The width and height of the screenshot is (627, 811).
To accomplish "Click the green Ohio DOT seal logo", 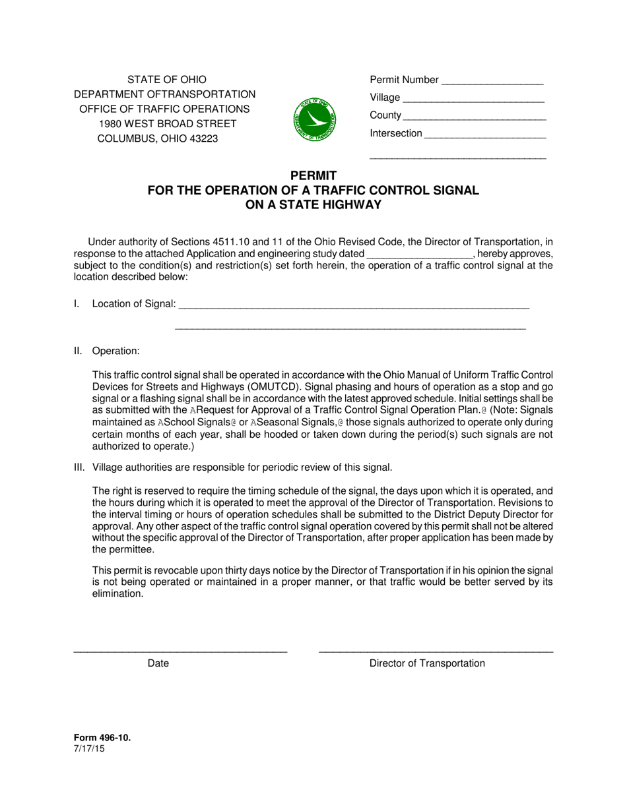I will pyautogui.click(x=314, y=119).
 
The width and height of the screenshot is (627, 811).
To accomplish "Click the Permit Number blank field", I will pyautogui.click(x=492, y=81).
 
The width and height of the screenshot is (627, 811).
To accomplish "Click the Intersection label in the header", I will pyautogui.click(x=395, y=134).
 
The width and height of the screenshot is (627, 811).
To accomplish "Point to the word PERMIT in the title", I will pyautogui.click(x=313, y=175).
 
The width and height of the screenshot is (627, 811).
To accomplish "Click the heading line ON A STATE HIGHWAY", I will pyautogui.click(x=313, y=204).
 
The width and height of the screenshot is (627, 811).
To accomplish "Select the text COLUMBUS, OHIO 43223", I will pyautogui.click(x=158, y=139).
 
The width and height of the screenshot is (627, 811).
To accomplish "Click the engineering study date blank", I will pyautogui.click(x=419, y=255).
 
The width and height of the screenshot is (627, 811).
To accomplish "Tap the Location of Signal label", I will pyautogui.click(x=134, y=304).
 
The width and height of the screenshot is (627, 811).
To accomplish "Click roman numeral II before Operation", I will pyautogui.click(x=78, y=351).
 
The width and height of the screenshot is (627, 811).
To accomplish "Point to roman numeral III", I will pyautogui.click(x=79, y=467).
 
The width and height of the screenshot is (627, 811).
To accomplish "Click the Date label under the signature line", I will pyautogui.click(x=158, y=663).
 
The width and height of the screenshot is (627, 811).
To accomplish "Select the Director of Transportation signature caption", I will pyautogui.click(x=427, y=663).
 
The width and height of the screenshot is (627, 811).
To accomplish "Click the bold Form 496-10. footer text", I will pyautogui.click(x=102, y=738).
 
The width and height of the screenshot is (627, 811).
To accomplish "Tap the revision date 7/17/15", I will pyautogui.click(x=89, y=748).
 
